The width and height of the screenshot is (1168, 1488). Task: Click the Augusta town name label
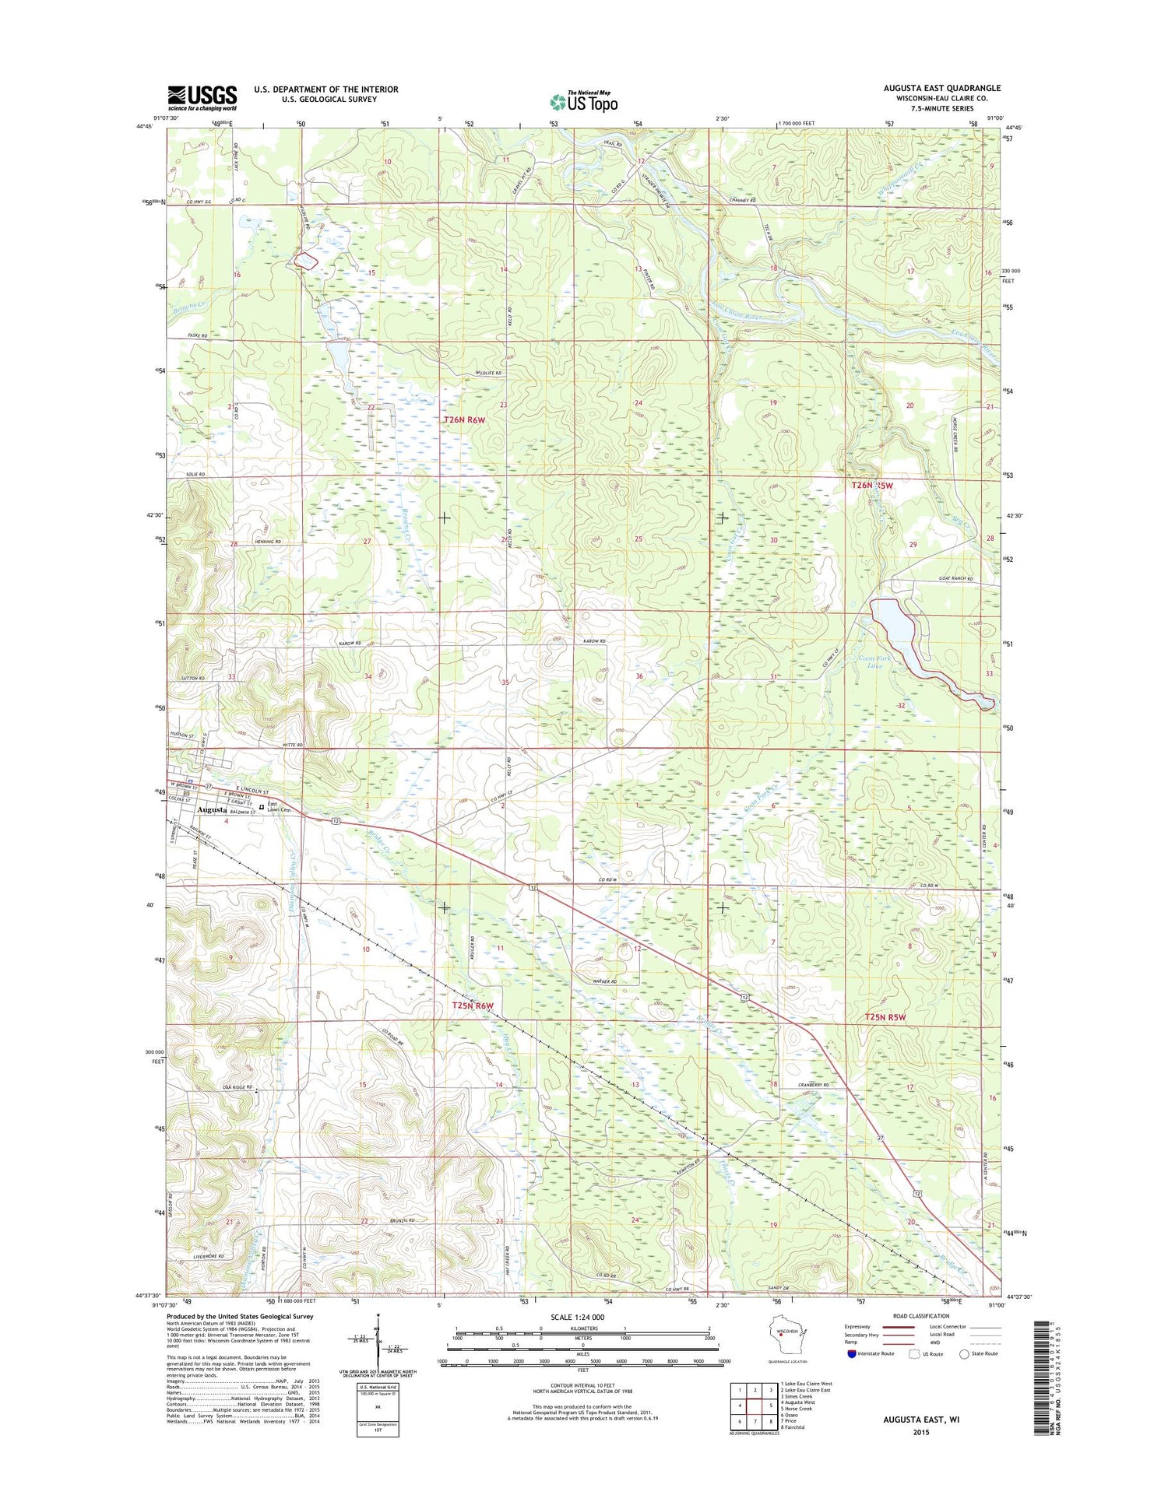[x=212, y=809]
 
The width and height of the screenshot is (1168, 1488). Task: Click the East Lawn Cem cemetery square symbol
[x=262, y=807]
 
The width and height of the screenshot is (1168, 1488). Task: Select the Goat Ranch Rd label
[x=956, y=579]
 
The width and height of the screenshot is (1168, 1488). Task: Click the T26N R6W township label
[x=464, y=420]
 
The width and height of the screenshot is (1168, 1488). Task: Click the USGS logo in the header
[x=202, y=96]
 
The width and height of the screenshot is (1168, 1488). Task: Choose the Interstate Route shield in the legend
[x=851, y=1353]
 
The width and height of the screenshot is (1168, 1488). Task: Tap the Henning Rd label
[x=267, y=542]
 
